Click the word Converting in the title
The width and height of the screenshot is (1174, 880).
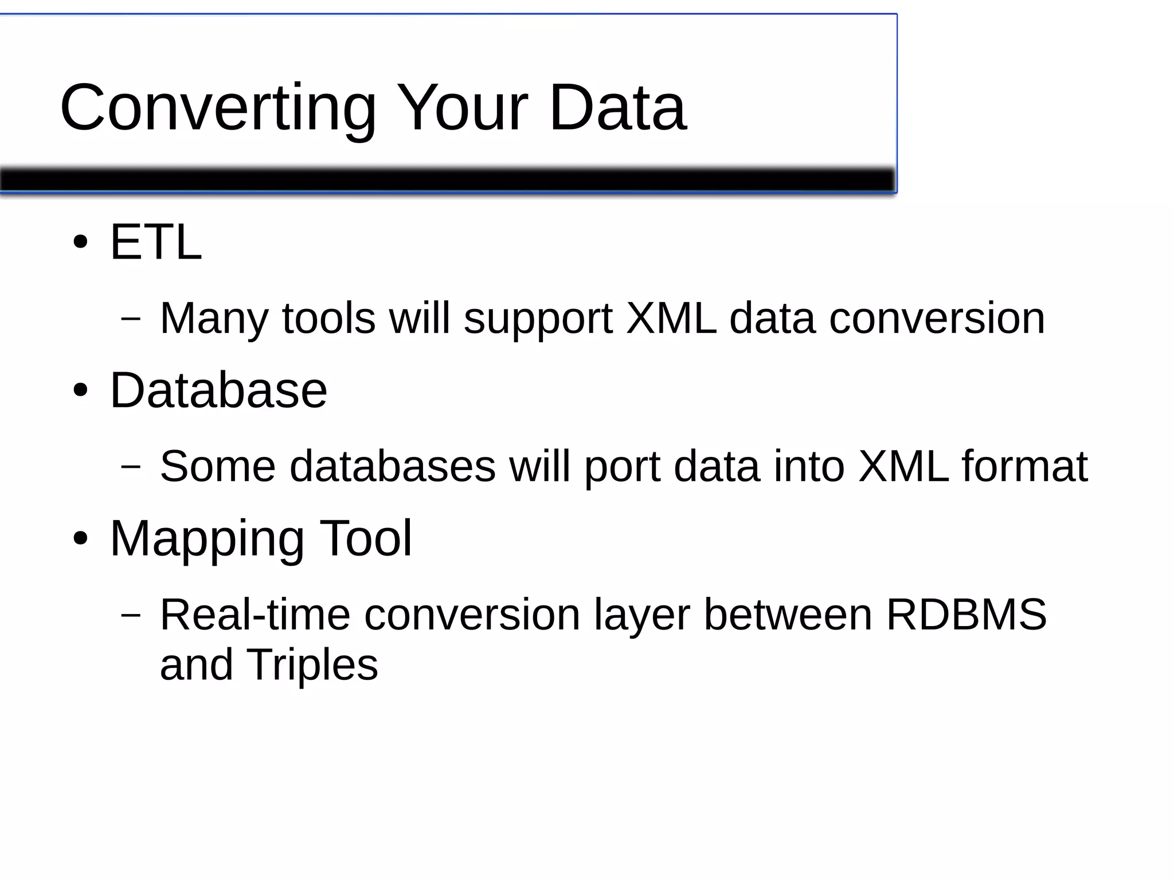point(218,109)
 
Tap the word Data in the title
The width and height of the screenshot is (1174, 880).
point(617,108)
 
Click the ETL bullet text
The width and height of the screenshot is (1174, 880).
point(155,243)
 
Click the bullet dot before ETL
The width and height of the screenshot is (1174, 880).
point(80,243)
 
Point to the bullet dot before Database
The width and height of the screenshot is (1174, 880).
point(80,391)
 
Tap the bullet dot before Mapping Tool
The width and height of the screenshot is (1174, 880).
point(80,539)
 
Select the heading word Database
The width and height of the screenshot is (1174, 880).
point(218,390)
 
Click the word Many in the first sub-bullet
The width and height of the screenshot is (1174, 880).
point(214,319)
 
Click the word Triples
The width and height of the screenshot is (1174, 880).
point(312,665)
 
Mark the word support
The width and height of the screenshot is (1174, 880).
point(538,319)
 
